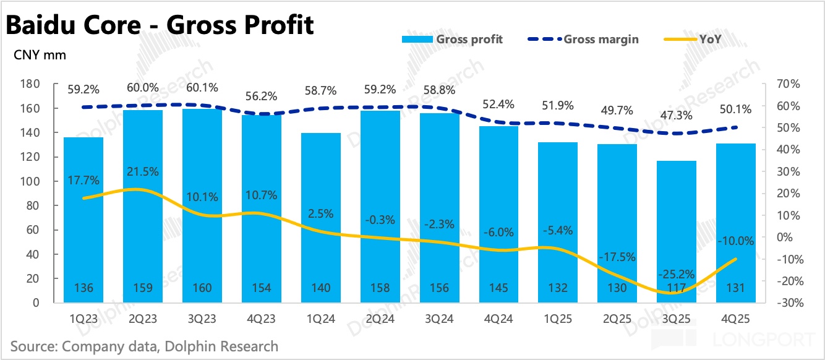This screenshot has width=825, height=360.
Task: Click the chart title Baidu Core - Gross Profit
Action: pyautogui.click(x=160, y=25)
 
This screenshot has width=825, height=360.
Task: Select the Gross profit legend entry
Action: pyautogui.click(x=452, y=39)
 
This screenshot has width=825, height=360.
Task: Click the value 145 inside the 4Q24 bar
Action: pyautogui.click(x=498, y=288)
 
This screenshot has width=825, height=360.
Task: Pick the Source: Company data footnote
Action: pyautogui.click(x=144, y=346)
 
